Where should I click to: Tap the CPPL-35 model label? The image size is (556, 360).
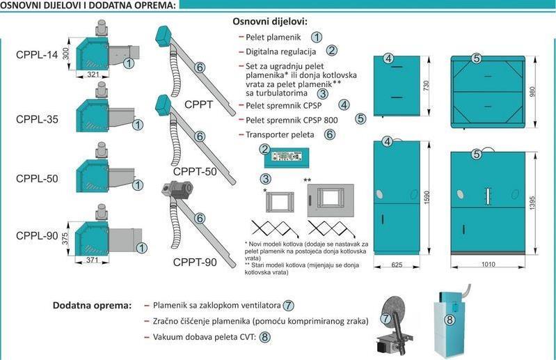pyautogui.click(x=35, y=119)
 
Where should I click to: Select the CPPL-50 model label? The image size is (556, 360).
pyautogui.click(x=37, y=178)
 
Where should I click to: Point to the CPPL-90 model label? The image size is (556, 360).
pyautogui.click(x=37, y=236)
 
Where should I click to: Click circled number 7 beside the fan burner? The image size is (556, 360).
pyautogui.click(x=387, y=318)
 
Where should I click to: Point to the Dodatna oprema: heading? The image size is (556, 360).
pyautogui.click(x=92, y=306)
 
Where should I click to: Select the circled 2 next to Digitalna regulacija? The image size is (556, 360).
pyautogui.click(x=332, y=50)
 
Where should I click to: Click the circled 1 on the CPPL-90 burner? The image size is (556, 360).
pyautogui.click(x=141, y=246)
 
